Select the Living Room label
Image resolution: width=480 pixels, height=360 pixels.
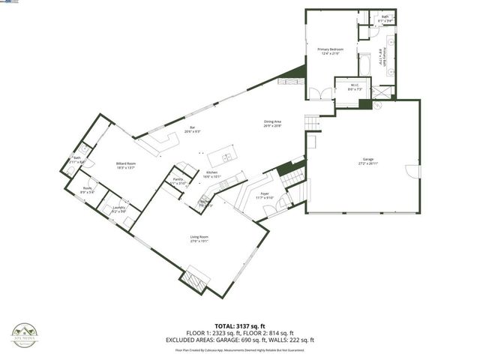[x=198, y=240]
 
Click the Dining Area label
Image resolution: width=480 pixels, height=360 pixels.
[x=272, y=124]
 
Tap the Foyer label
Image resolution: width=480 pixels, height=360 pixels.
[x=265, y=196]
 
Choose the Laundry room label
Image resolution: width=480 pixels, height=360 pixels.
[x=118, y=209]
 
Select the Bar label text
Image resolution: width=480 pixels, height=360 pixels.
[x=192, y=129]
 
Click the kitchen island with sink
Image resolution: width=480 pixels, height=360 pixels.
[x=225, y=158]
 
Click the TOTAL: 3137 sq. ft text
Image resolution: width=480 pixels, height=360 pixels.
[x=240, y=326]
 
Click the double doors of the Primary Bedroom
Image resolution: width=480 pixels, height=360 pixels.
[x=320, y=94]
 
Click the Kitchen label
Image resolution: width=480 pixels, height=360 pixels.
[x=212, y=175]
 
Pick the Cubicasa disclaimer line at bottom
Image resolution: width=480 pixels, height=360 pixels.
[x=240, y=349]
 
